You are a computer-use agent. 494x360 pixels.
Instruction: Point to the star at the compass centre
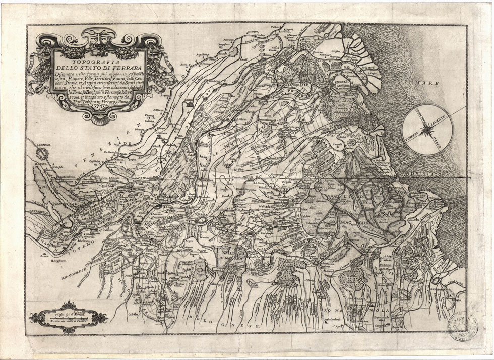428,130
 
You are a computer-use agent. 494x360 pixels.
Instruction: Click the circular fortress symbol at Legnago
46,152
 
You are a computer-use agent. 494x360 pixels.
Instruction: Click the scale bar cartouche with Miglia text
75,317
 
